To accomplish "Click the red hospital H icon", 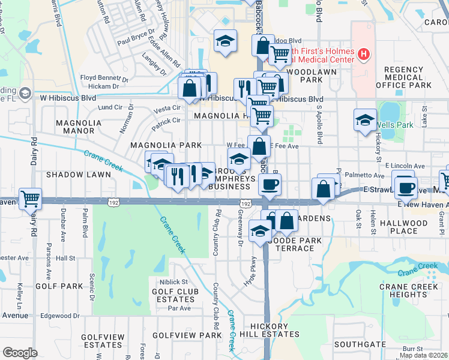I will click(x=363, y=55).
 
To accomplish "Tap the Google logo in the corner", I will click(x=20, y=353).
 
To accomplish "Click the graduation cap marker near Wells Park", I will click(x=365, y=120).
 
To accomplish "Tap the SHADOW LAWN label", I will click(x=79, y=175).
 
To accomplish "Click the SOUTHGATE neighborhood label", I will click(x=360, y=344).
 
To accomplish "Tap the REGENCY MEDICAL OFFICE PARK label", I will click(x=404, y=78).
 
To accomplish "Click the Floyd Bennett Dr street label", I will click(x=106, y=77).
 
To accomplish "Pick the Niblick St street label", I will click(x=173, y=281).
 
